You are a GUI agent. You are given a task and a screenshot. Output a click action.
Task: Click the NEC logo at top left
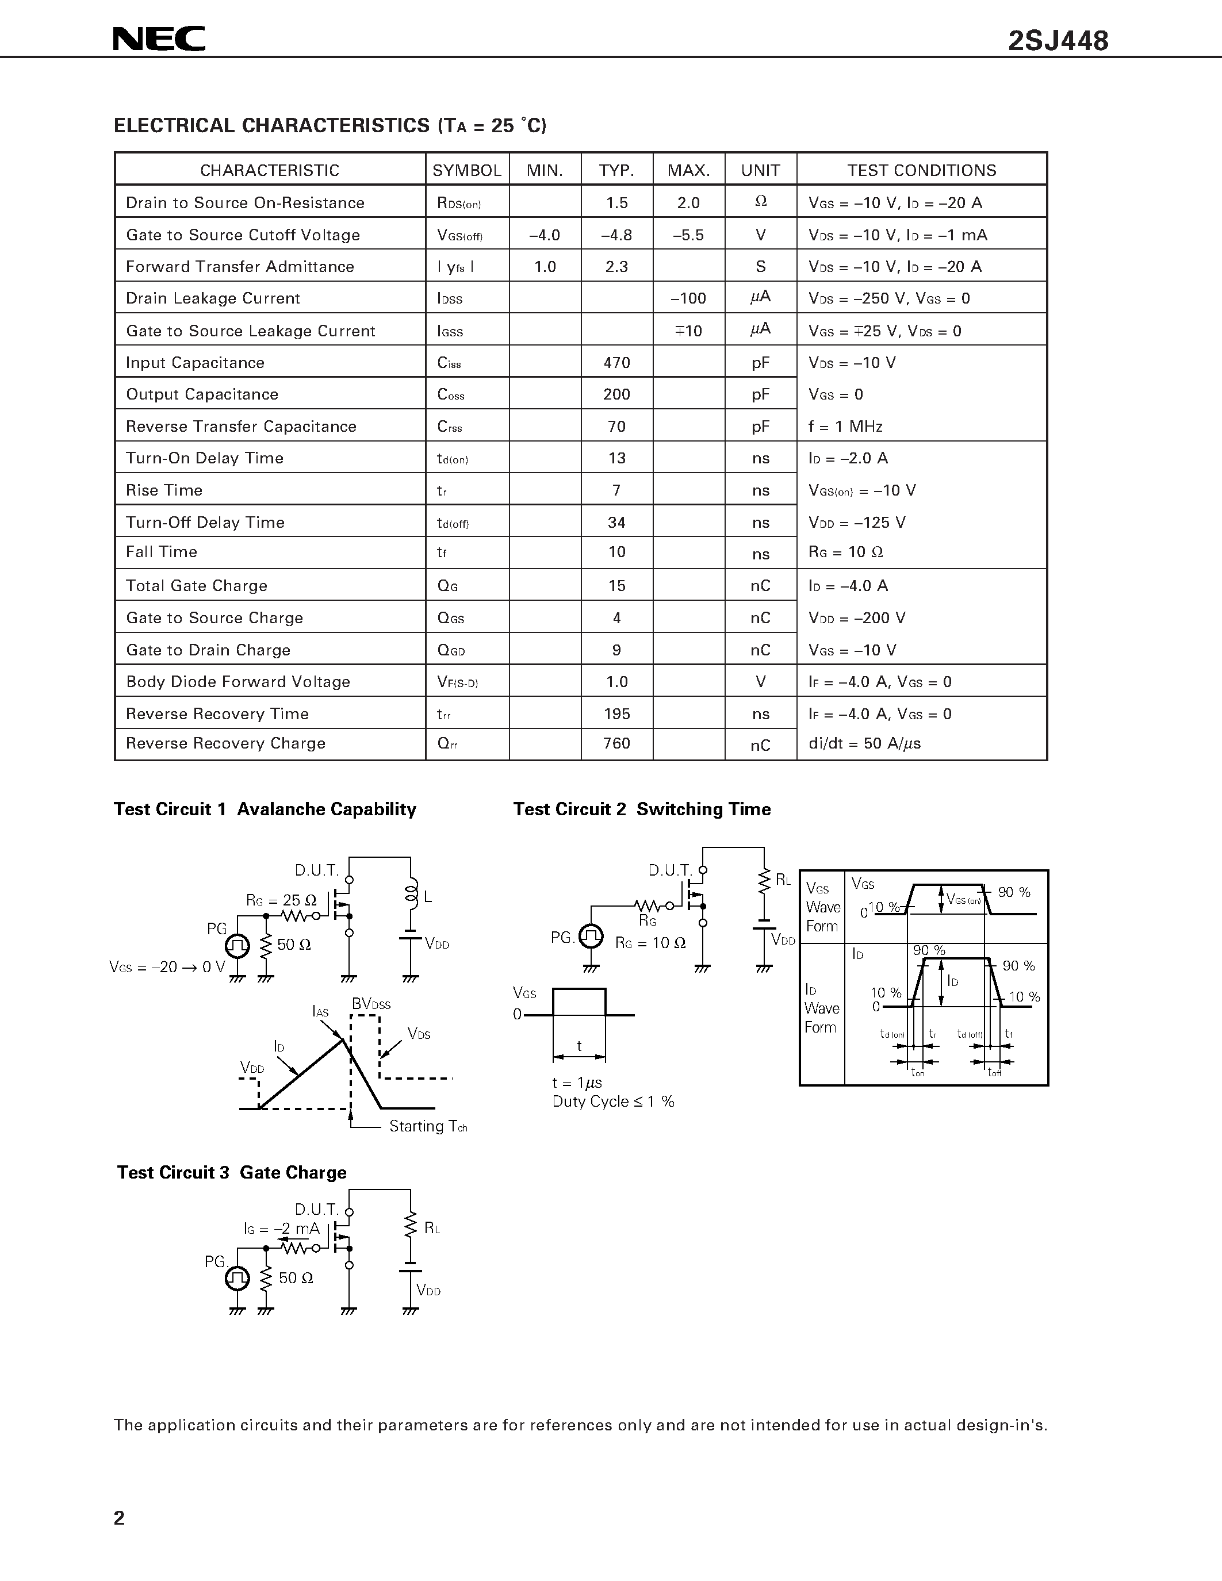159,39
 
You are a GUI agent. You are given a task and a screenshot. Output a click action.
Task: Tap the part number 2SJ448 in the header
1058,41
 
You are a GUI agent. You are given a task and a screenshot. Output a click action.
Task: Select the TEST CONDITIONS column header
922,170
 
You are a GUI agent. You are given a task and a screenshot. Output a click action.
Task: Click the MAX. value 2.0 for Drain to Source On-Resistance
688,203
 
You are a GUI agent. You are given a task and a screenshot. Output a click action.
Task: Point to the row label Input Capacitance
195,363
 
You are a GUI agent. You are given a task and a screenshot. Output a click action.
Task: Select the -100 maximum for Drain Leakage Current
688,298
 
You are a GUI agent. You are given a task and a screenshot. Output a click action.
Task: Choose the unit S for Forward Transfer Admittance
760,266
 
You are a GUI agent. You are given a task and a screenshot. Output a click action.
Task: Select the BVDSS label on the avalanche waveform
371,1004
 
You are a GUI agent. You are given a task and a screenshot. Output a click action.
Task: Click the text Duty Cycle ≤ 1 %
612,1102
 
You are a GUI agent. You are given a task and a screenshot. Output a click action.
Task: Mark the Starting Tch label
427,1126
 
